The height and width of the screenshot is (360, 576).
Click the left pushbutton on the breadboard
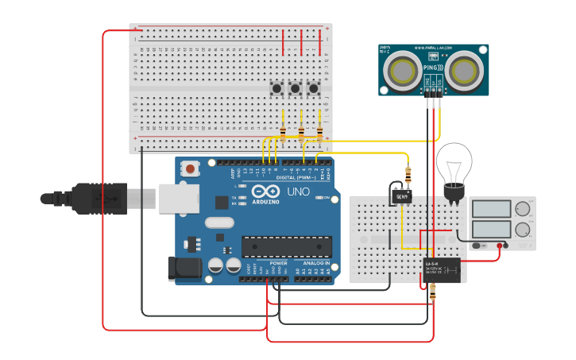pos(278,87)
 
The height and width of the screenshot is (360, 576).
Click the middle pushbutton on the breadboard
pos(296,87)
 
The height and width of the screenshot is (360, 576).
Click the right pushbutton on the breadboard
pos(314,87)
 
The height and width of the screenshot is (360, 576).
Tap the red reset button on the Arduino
pos(191,168)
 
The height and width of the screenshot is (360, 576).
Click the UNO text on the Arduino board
pos(298,192)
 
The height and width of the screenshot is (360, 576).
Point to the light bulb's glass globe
pos(454,163)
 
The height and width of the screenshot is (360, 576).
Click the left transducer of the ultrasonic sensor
pos(403,71)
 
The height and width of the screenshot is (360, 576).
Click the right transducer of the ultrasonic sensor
pos(465,71)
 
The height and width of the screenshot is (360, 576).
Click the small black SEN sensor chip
pos(402,195)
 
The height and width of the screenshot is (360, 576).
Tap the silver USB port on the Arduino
pos(176,198)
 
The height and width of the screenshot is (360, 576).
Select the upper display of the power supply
pos(492,210)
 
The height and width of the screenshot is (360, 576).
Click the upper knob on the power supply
pos(523,210)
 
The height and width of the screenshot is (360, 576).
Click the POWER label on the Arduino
pos(278,263)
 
